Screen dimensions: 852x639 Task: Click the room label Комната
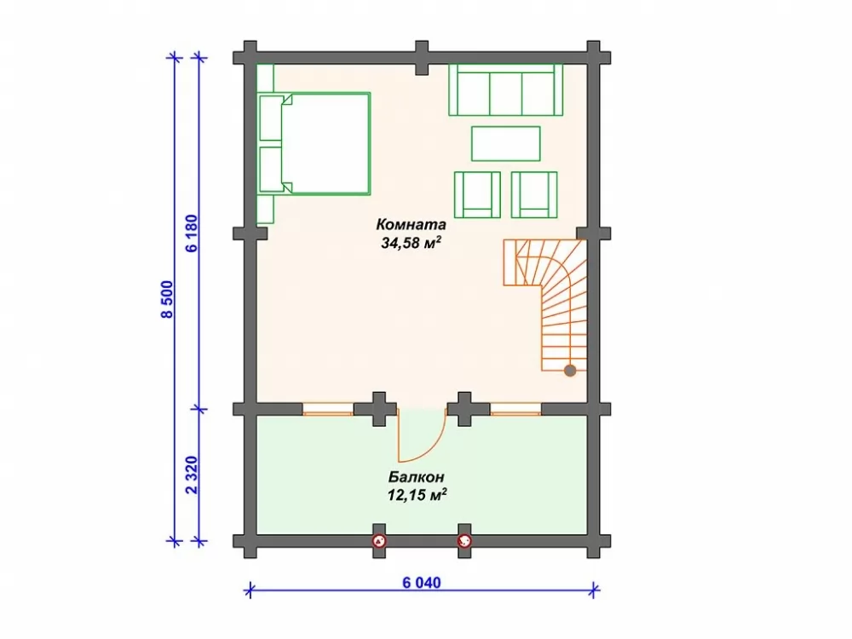[411, 224]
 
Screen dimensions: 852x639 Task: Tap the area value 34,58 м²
[411, 242]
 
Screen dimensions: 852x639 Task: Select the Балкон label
[417, 477]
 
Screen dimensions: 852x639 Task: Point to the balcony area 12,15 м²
[417, 494]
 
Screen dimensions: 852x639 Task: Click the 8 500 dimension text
[169, 299]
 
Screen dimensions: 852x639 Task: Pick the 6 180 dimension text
[193, 233]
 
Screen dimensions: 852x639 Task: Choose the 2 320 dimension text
[193, 475]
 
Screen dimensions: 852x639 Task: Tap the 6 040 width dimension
[422, 583]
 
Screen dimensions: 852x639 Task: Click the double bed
[315, 143]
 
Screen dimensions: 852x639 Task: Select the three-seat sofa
[505, 89]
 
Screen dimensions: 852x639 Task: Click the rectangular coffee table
[505, 143]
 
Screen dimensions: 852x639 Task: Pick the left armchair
[477, 194]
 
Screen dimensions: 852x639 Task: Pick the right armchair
[534, 194]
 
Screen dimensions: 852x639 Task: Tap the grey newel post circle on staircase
[569, 371]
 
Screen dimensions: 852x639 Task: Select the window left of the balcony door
[328, 409]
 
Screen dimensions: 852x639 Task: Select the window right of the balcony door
[515, 409]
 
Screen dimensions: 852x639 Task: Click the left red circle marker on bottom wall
[379, 541]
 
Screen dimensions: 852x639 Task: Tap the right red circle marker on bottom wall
[464, 541]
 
